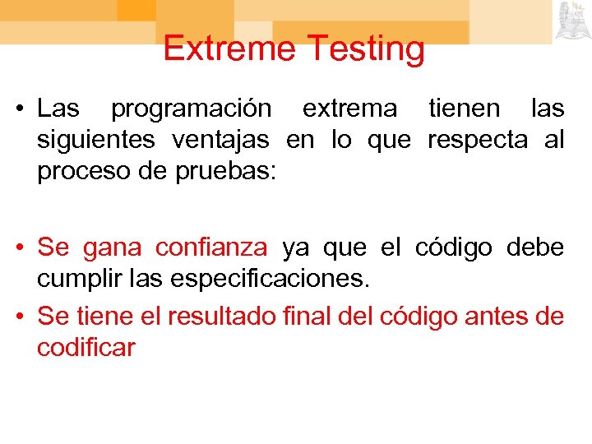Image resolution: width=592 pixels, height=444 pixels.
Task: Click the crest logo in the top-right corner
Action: pos(572,21)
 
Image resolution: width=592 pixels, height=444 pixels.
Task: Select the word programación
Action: pos(190,109)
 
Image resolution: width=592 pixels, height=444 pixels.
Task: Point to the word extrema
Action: pos(349,109)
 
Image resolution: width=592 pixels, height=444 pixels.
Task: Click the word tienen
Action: pos(463,109)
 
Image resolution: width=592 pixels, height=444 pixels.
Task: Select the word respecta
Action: pos(478,141)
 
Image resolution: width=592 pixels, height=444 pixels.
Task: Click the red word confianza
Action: pos(211,247)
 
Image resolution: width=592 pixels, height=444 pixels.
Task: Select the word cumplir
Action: pos(72,280)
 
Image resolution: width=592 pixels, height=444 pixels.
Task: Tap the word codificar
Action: pos(86,349)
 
